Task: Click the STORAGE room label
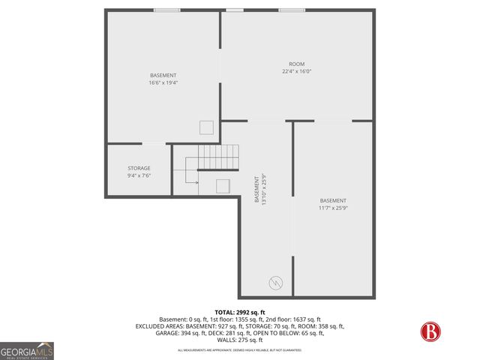(139, 168)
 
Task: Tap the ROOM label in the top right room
(297, 64)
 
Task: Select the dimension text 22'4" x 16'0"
(297, 72)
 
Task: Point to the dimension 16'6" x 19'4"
(163, 82)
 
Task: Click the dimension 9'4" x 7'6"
(139, 175)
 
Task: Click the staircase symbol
(217, 157)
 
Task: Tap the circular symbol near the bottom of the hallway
(275, 283)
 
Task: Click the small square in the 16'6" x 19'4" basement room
(206, 127)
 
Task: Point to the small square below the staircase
(223, 186)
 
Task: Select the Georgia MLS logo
(27, 350)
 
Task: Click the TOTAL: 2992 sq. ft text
(240, 312)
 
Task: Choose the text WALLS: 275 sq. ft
(239, 340)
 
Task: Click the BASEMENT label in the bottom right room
(333, 200)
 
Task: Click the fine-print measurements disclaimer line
(239, 349)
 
